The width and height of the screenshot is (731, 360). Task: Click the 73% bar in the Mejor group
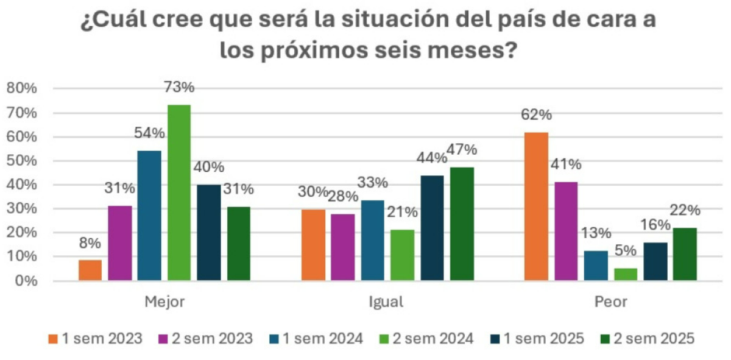pos(179,192)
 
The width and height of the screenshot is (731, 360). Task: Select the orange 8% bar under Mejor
pos(90,270)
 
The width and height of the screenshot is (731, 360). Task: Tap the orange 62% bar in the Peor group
pos(536,206)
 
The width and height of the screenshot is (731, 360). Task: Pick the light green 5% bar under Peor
pos(626,274)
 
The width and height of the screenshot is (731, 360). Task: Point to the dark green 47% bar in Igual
pos(461,224)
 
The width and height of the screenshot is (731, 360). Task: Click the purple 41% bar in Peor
pos(566,231)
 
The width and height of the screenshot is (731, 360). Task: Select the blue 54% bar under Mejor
pos(149,216)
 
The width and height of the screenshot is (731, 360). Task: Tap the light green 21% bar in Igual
pos(402,255)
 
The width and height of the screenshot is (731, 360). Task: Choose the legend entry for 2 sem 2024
pos(426,339)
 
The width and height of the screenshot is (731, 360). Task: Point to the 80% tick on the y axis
pos(22,88)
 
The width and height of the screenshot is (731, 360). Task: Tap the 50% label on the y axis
pos(22,161)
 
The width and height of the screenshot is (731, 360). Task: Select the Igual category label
pos(386,302)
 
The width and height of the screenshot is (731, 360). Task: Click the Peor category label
pos(611,302)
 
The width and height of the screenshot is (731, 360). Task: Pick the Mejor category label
pos(164,302)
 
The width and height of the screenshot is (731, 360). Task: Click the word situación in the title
pos(381,23)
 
